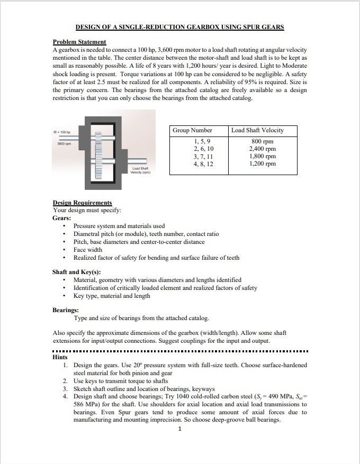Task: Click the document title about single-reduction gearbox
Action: (179, 26)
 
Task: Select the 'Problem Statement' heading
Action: (79, 42)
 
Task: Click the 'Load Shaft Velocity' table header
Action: (258, 130)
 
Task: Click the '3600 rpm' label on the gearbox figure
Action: (65, 143)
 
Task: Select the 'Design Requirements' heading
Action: (82, 203)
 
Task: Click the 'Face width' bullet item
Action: (88, 250)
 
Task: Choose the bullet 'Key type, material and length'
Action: (112, 296)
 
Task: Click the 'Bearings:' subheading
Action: (66, 310)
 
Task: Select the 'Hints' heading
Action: (61, 357)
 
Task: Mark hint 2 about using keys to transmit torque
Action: (121, 381)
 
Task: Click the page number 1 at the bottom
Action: (180, 429)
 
